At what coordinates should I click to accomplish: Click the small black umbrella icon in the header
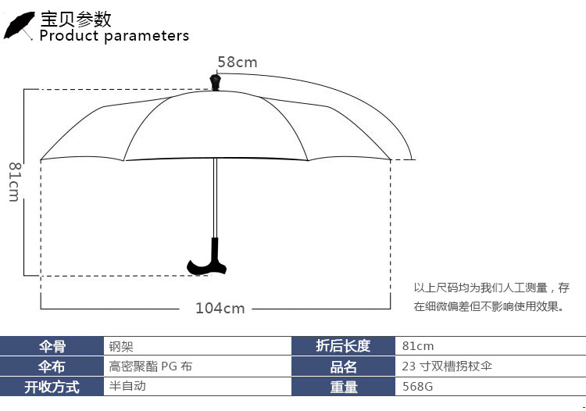pyautogui.click(x=19, y=26)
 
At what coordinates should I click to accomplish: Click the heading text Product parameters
pyautogui.click(x=114, y=36)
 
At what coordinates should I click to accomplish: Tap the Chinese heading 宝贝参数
pyautogui.click(x=76, y=18)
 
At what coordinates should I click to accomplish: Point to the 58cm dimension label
pyautogui.click(x=237, y=62)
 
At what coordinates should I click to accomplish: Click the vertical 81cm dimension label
pyautogui.click(x=14, y=181)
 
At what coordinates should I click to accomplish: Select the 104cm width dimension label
pyautogui.click(x=220, y=308)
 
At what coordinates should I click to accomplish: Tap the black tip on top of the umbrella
pyautogui.click(x=215, y=81)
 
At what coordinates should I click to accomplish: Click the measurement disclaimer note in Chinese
pyautogui.click(x=491, y=297)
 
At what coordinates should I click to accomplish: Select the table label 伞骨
pyautogui.click(x=52, y=346)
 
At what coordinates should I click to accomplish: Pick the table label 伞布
pyautogui.click(x=52, y=366)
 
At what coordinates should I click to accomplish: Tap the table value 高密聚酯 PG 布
pyautogui.click(x=150, y=366)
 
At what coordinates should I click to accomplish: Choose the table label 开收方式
pyautogui.click(x=52, y=387)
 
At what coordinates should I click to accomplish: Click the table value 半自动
pyautogui.click(x=127, y=386)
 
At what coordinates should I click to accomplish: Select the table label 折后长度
pyautogui.click(x=343, y=346)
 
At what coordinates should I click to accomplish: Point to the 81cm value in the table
pyautogui.click(x=418, y=346)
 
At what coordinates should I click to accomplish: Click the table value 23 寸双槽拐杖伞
pyautogui.click(x=446, y=366)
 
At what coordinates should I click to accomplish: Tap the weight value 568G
pyautogui.click(x=417, y=387)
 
